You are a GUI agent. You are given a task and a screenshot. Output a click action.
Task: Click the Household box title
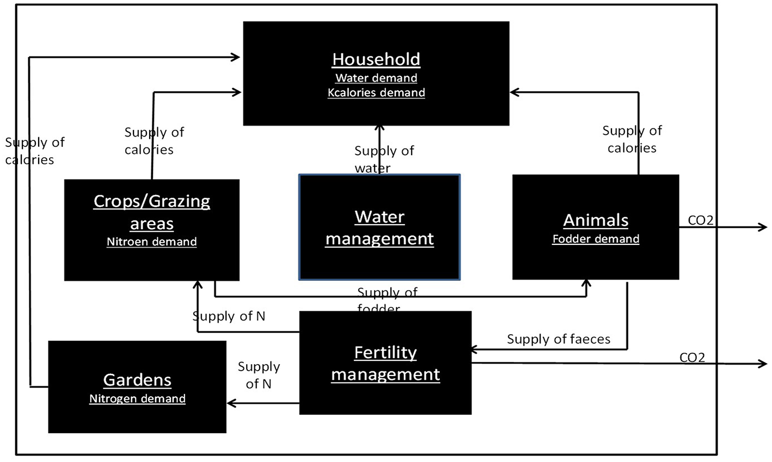coord(376,59)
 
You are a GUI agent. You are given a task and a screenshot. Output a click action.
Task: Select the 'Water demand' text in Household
coord(376,78)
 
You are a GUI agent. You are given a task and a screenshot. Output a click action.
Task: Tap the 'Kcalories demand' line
coord(376,93)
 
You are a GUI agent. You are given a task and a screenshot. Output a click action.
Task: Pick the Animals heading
coord(596,220)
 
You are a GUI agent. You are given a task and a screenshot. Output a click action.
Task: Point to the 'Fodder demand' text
coord(596,239)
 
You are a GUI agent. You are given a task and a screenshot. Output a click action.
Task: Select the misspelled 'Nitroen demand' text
coord(152,242)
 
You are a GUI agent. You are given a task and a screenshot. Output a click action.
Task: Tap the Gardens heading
coord(137,380)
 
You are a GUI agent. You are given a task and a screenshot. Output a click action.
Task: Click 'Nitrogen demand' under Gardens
coord(137,399)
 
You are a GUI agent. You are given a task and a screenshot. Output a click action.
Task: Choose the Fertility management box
coord(385,363)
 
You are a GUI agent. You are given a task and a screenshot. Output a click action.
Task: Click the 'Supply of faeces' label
coord(559,340)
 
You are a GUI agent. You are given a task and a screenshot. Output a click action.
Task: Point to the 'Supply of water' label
coord(384,159)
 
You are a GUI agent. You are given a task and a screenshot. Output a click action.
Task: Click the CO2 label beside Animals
coord(701,220)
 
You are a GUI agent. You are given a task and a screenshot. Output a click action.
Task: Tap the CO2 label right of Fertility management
coord(692,358)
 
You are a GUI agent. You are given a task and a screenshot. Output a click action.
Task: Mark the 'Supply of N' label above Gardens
coord(259,375)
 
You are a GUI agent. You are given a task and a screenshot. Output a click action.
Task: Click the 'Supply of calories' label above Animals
coord(632,139)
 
